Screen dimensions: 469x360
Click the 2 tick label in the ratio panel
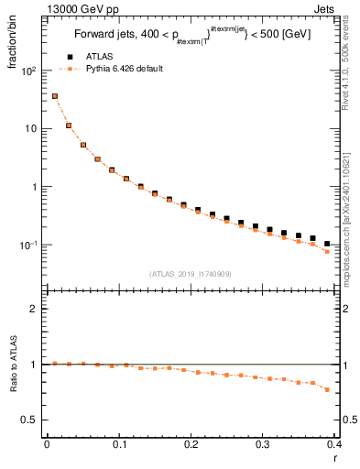click(36, 309)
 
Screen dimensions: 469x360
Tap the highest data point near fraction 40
click(54, 95)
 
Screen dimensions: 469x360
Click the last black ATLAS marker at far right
click(328, 244)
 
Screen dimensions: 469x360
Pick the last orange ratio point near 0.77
click(328, 389)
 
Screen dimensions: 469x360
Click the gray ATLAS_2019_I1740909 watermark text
click(189, 273)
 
